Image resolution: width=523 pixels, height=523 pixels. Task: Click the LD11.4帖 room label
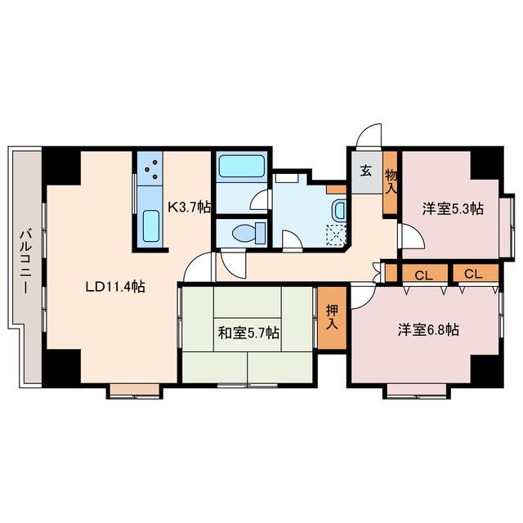(115, 287)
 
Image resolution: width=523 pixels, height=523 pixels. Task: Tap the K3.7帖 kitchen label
(189, 207)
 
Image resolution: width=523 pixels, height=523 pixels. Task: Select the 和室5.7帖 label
(248, 333)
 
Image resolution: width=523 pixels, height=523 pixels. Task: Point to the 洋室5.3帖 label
(453, 209)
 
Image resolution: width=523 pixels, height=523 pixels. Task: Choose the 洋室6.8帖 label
(428, 329)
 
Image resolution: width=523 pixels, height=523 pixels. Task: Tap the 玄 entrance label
(366, 172)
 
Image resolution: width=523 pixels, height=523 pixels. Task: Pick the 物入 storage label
(391, 181)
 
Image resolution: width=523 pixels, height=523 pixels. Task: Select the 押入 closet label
(332, 318)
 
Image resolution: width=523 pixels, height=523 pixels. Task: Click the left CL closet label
(423, 275)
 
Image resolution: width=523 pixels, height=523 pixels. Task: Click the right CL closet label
(473, 275)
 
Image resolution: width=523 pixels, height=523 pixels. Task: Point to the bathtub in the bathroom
(242, 166)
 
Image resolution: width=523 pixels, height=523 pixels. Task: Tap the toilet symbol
(249, 232)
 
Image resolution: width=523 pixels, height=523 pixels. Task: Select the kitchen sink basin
(150, 226)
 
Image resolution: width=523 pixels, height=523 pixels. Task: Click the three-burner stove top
(150, 169)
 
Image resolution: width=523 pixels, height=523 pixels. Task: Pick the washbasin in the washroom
(339, 210)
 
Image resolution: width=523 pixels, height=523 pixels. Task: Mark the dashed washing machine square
(336, 235)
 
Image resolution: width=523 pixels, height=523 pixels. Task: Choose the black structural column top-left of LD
(61, 166)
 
